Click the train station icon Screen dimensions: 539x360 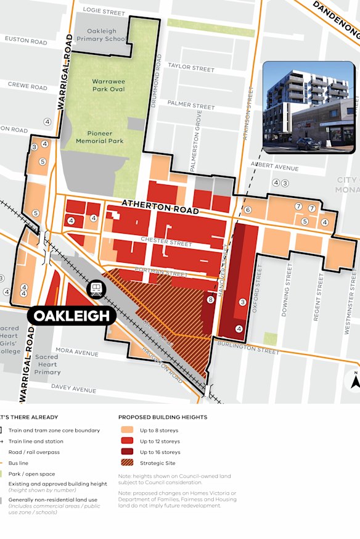coord(97,289)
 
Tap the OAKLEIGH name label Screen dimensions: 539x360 coord(72,316)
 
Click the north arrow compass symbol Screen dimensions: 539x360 coord(354,380)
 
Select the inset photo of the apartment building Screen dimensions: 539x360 coord(309,107)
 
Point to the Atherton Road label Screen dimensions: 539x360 coord(160,207)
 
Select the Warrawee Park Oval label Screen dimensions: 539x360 coord(108,85)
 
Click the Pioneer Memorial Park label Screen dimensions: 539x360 coord(100,137)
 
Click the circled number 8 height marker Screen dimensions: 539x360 coord(210,300)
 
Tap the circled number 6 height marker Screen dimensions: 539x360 coord(248,210)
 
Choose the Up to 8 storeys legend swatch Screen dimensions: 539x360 coord(127,429)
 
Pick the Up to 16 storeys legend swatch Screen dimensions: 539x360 coord(127,452)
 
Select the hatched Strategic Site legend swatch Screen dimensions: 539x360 coord(127,464)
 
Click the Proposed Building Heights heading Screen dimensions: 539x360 coord(163,417)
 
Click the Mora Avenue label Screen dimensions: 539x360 coord(76,353)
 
